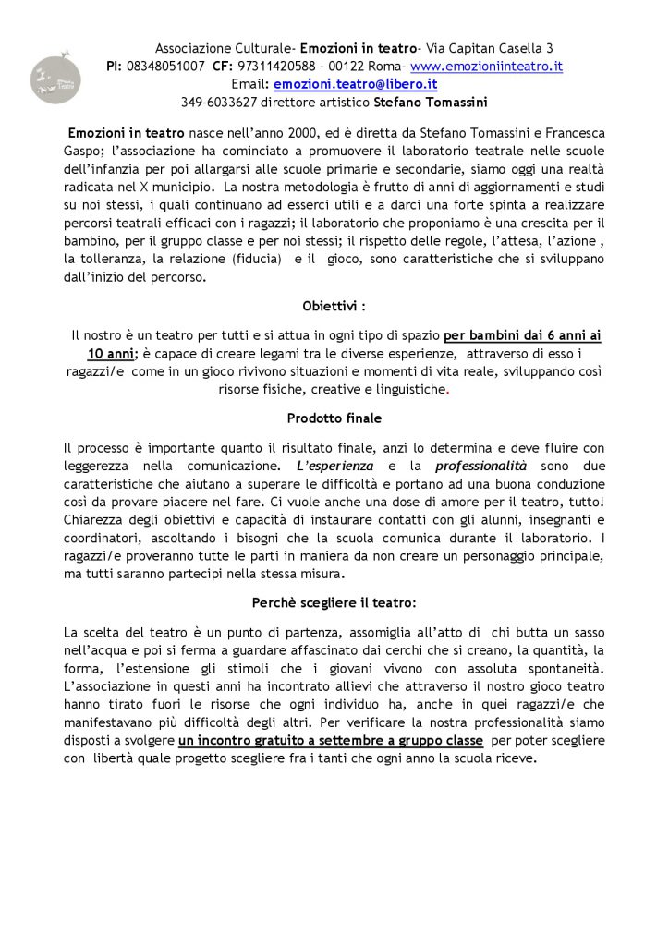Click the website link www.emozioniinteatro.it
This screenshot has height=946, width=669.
(x=486, y=67)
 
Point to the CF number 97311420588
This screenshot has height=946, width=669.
(x=277, y=67)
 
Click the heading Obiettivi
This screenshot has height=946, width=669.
(x=334, y=306)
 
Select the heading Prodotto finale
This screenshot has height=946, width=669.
(x=334, y=418)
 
